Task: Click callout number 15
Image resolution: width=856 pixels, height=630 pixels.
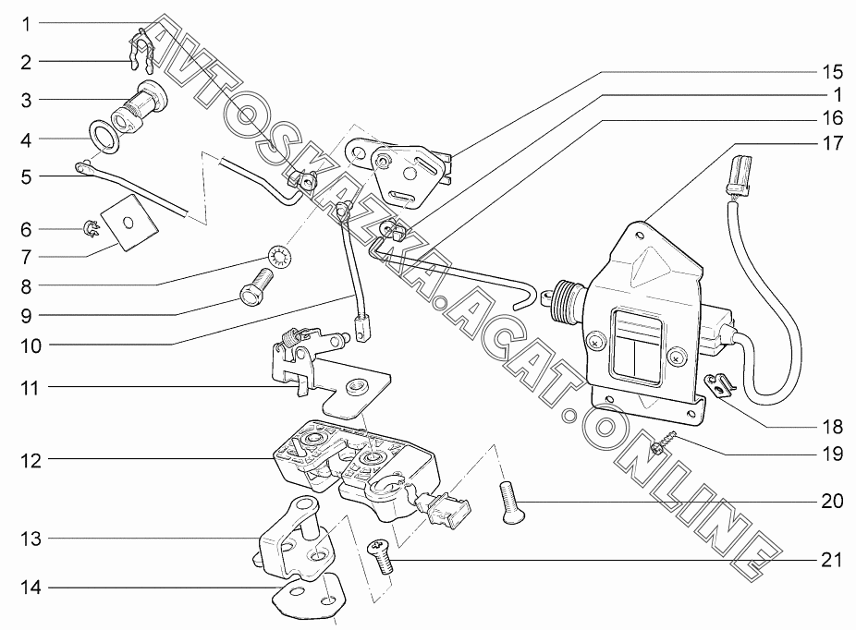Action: coord(833,71)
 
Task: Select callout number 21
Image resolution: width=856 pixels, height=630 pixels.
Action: coord(833,560)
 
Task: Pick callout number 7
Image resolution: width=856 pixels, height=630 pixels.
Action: coord(27,256)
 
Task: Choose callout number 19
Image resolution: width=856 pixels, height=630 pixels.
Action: coord(833,454)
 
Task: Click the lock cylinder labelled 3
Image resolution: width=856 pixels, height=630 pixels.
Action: coord(139,103)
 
